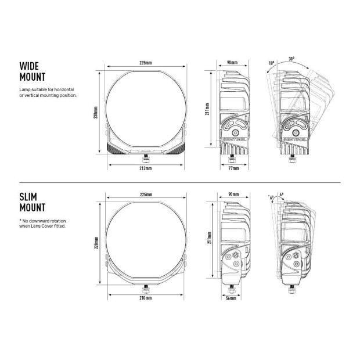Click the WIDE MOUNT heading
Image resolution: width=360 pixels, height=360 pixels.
pos(32,71)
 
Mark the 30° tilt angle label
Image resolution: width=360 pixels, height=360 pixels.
pos(290,59)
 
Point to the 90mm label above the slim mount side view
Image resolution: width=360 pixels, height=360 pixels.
pos(233,193)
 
